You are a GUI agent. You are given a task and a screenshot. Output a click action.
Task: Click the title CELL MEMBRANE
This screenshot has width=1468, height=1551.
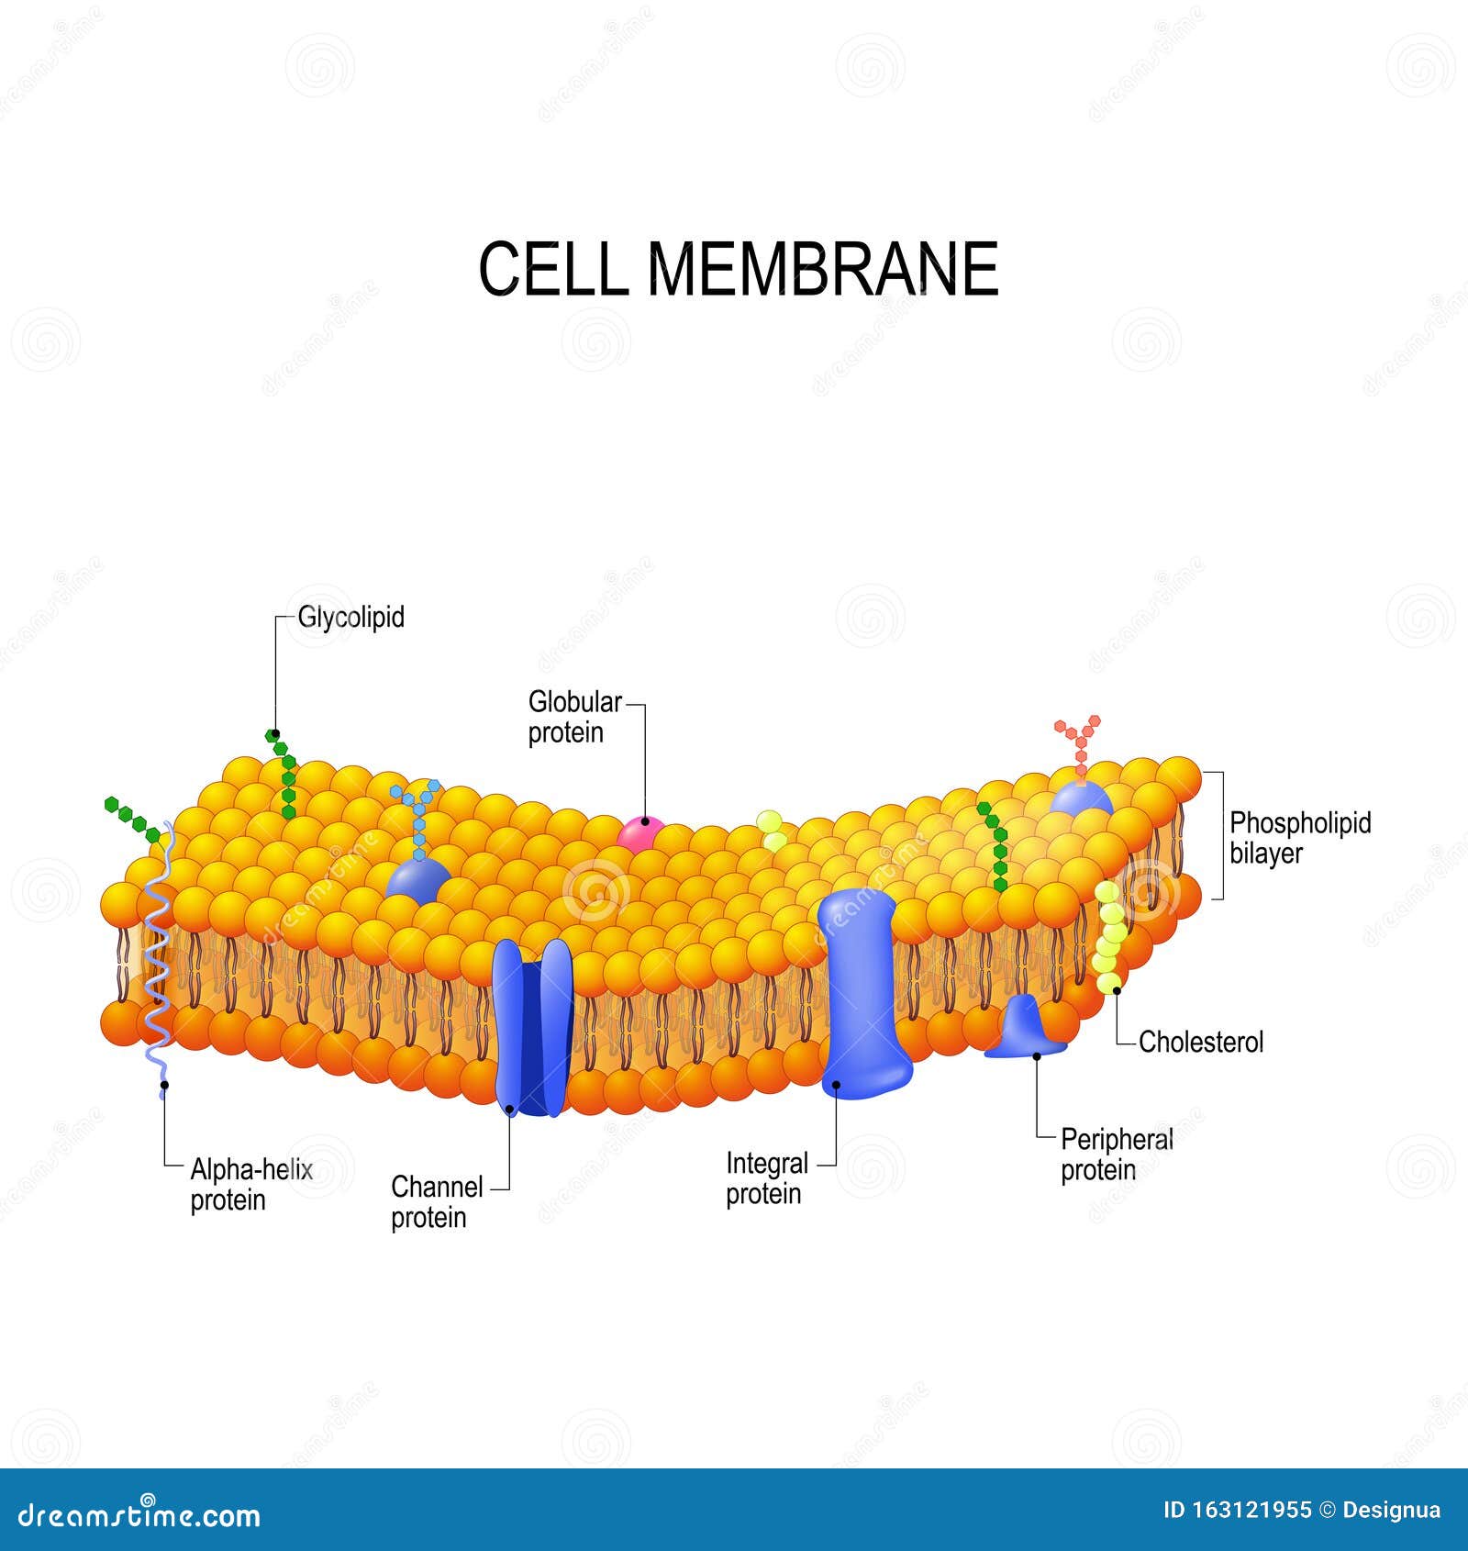[738, 269]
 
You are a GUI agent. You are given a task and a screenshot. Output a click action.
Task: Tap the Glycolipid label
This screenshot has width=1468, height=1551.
[350, 617]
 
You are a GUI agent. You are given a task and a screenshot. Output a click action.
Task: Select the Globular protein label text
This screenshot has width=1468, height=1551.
[574, 717]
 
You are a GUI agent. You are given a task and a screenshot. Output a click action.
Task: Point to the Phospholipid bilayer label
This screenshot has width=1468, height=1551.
[1300, 837]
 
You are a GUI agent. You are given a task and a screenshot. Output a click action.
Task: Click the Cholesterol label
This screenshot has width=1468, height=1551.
[1201, 1042]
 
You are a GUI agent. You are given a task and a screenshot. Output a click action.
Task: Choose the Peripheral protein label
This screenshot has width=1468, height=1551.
[1117, 1155]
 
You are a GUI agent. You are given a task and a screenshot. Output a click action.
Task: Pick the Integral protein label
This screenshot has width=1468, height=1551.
[767, 1178]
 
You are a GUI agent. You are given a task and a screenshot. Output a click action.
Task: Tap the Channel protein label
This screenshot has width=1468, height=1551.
[437, 1202]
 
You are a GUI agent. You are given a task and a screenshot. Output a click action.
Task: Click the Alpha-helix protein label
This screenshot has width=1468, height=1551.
[251, 1185]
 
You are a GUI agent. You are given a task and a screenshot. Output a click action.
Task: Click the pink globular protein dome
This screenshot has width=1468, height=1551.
[639, 834]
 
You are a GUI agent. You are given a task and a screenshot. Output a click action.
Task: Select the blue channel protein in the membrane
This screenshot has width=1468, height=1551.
[533, 1027]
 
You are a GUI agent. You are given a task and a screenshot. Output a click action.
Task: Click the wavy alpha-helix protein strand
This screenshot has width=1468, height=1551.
[158, 954]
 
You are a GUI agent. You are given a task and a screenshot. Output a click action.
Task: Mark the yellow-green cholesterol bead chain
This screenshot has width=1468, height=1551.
[1109, 937]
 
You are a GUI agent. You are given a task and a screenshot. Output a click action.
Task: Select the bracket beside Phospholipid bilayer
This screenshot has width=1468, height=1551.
[1218, 835]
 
